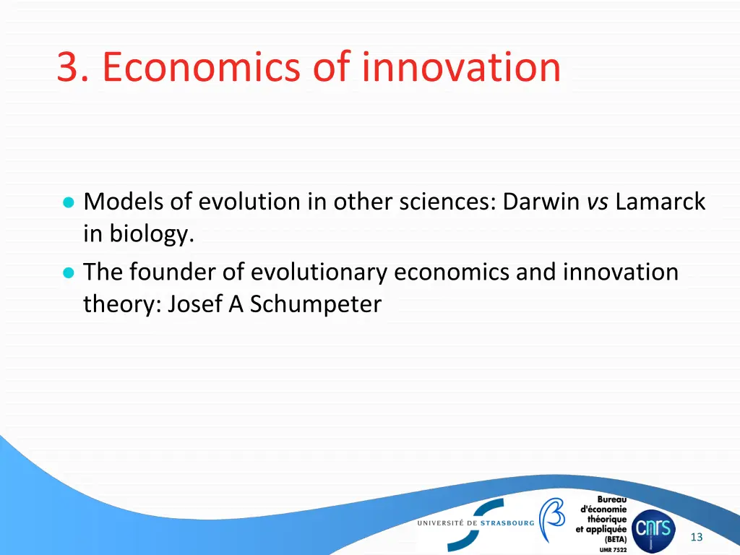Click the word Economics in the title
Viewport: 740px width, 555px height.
(202, 67)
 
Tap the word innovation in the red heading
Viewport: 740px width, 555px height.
(461, 67)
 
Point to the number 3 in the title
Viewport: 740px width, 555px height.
(68, 67)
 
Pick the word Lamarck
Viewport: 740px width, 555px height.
(661, 202)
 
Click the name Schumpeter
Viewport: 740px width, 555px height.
(315, 304)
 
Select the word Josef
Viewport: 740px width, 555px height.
(196, 304)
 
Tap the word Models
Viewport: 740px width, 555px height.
(124, 202)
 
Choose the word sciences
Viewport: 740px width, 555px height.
(444, 202)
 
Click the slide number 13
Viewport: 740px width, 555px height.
(697, 537)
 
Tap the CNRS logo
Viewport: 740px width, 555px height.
(653, 530)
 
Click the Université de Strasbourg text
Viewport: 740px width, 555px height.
(476, 522)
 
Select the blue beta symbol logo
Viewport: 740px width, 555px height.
(553, 519)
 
